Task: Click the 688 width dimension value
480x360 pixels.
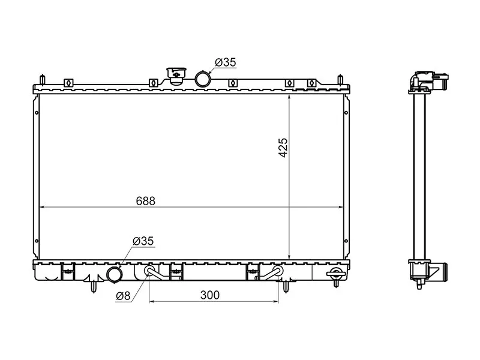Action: tap(146, 201)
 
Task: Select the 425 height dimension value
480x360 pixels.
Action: tap(283, 148)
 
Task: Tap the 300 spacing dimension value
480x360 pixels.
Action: tap(210, 295)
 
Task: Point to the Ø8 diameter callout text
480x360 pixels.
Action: tap(123, 296)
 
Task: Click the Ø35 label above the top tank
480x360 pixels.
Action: tap(226, 62)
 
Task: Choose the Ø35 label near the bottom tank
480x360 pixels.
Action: tap(143, 241)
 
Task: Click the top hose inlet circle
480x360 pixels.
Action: tap(202, 79)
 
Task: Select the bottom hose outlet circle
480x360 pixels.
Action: tap(114, 274)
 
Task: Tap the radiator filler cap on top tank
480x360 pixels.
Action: tap(176, 76)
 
